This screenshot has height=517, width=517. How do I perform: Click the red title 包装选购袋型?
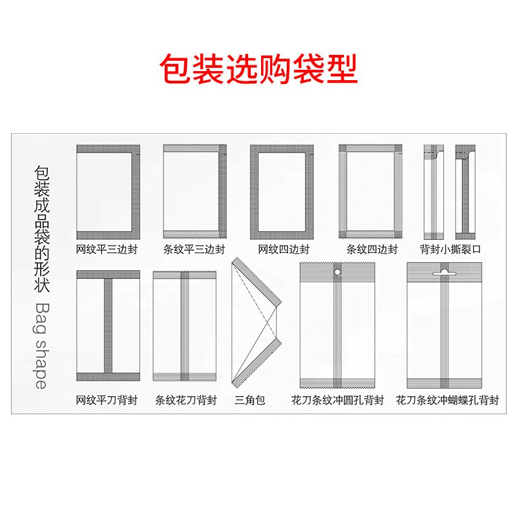click(258, 70)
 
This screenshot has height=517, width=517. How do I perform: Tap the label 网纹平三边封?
click(107, 249)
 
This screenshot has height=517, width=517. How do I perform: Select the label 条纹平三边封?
click(195, 249)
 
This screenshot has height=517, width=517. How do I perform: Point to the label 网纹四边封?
click(283, 249)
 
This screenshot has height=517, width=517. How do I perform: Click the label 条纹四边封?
click(372, 249)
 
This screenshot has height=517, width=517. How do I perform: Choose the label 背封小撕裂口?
click(450, 249)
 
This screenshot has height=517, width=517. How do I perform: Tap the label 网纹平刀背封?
click(107, 400)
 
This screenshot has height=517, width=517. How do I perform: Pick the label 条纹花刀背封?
click(186, 400)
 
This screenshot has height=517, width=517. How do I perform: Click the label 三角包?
click(250, 400)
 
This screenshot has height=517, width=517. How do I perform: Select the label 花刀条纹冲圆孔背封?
click(337, 400)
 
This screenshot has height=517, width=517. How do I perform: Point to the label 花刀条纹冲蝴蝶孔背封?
click(447, 400)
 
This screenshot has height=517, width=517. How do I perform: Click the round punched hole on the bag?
click(337, 273)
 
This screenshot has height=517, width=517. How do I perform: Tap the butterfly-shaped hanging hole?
click(443, 273)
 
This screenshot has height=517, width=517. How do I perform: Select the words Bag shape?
click(40, 345)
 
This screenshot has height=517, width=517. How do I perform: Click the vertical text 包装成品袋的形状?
click(41, 229)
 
